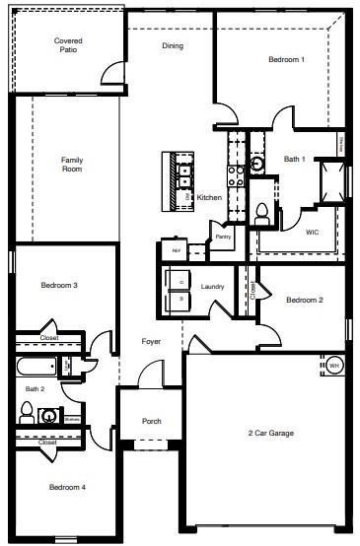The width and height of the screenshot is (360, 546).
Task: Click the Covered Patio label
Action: [67, 44]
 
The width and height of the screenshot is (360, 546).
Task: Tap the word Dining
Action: [173, 45]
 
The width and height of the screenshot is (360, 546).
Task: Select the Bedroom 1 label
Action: [286, 60]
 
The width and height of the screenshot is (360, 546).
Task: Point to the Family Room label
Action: [72, 165]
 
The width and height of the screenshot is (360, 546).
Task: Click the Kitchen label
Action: [209, 198]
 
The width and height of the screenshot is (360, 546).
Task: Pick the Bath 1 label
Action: [295, 159]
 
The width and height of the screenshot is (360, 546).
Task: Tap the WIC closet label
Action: [312, 233]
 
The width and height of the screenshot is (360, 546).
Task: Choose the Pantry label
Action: [223, 237]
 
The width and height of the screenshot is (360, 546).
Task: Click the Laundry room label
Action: [212, 287]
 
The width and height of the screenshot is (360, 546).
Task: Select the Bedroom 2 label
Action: [305, 300]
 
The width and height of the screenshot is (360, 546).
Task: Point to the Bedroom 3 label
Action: [59, 286]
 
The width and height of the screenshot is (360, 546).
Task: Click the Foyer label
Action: [151, 342]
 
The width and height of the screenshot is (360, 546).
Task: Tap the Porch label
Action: [151, 422]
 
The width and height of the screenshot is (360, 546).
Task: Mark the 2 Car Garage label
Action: [270, 433]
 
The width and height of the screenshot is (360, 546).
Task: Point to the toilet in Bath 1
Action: [262, 211]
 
